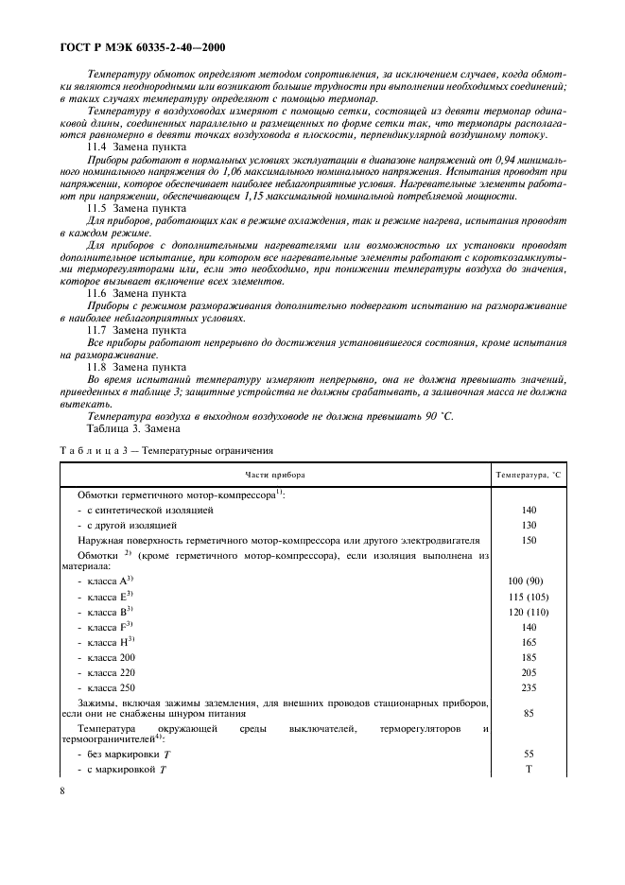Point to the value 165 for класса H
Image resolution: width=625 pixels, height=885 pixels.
tap(529, 641)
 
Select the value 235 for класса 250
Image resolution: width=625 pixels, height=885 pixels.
tap(529, 687)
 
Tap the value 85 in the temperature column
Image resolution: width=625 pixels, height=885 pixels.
tap(529, 714)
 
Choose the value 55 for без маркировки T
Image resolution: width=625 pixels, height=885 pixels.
tap(529, 754)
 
